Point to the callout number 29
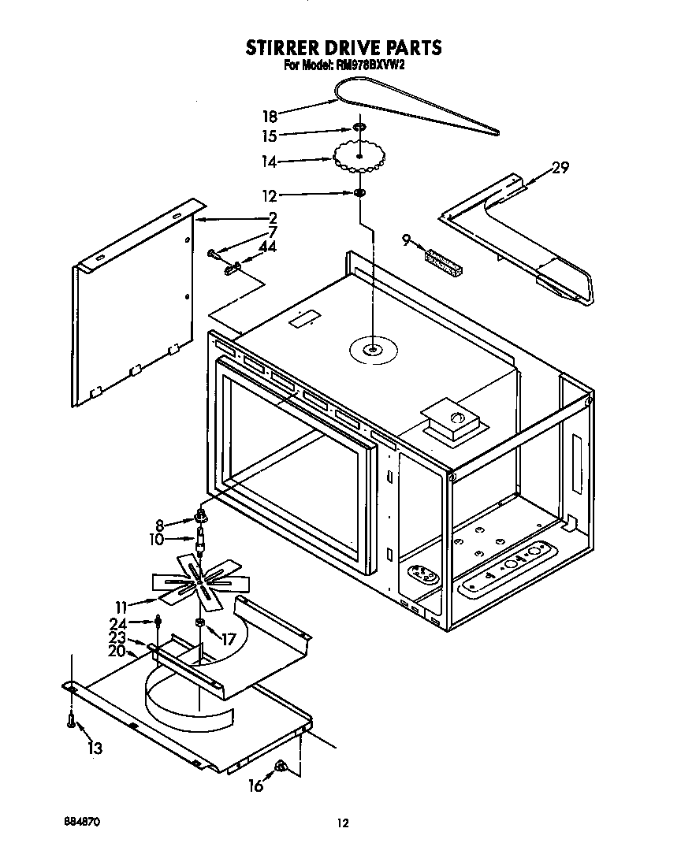(560, 167)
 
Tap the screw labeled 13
(72, 719)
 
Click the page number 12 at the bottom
(342, 823)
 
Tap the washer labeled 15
(358, 128)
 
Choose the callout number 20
(117, 652)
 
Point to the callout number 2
(272, 217)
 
